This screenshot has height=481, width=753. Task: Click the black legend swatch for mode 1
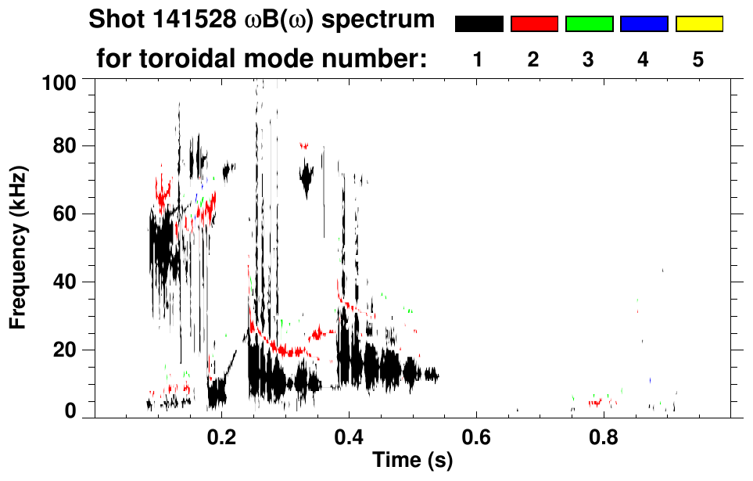point(479,24)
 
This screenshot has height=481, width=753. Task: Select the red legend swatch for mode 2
point(534,24)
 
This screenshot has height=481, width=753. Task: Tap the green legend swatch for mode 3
point(589,24)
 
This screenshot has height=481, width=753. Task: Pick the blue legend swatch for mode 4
point(644,24)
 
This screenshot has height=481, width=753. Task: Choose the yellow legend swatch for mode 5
point(699,24)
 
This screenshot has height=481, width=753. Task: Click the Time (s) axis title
point(412,460)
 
